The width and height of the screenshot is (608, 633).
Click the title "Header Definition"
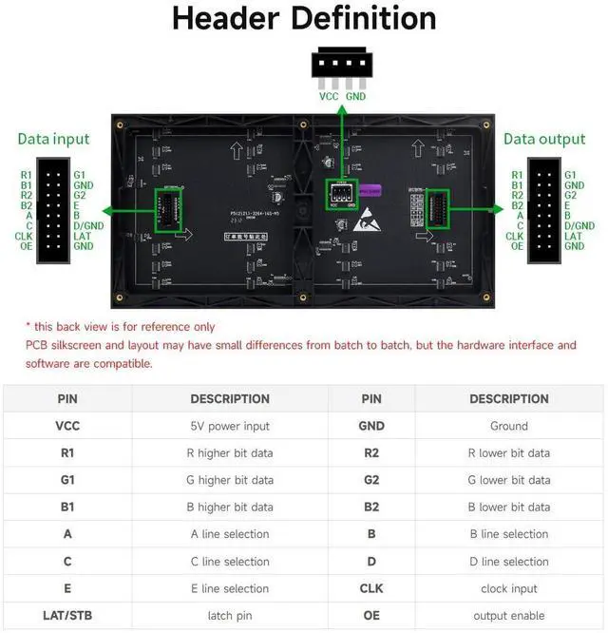(304, 20)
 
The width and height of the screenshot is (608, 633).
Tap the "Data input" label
(53, 139)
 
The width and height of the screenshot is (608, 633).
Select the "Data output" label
(544, 139)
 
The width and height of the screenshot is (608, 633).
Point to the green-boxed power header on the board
(341, 195)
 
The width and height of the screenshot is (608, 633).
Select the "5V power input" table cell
(230, 426)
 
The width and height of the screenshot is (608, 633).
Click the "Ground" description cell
(508, 426)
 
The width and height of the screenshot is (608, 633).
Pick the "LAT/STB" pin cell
(67, 616)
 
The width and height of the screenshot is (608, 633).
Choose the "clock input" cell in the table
(508, 588)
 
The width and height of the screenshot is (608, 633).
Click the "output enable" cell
(508, 616)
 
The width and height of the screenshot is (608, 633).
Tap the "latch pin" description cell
(230, 616)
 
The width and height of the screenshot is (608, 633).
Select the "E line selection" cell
(230, 588)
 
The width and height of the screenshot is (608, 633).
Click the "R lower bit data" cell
(508, 452)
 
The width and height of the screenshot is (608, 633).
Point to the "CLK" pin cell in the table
(371, 588)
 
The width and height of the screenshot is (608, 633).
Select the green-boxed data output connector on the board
(438, 209)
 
